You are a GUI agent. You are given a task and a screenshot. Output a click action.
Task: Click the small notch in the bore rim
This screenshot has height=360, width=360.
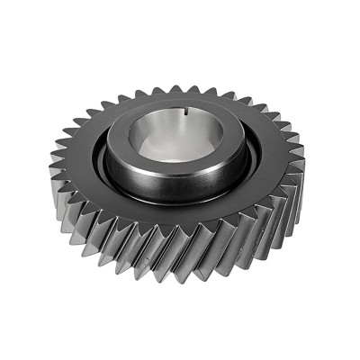pos(209,112)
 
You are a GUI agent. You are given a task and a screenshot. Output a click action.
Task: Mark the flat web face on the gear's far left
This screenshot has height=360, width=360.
pos(76,162)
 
